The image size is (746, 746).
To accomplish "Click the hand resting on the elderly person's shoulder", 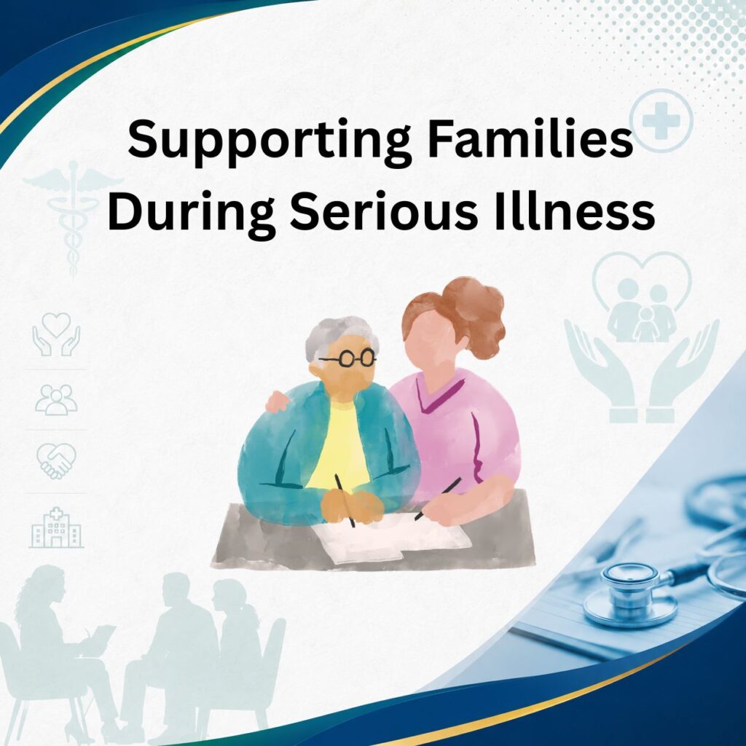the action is coord(278,401).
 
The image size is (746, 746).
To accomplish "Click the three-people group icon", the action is coord(57,399).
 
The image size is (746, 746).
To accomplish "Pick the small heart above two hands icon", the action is coord(57,334).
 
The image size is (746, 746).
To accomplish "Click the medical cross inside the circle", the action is coord(661,120).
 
